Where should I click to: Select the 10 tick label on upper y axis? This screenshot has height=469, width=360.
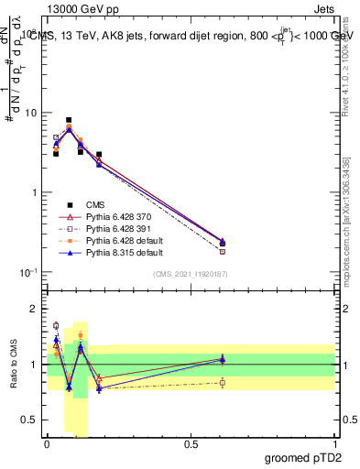point(30,113)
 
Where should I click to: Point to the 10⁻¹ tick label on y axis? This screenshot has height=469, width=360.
point(28,272)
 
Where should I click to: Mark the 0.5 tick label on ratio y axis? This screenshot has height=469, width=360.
point(29,420)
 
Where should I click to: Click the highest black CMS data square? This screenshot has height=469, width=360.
point(69,120)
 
